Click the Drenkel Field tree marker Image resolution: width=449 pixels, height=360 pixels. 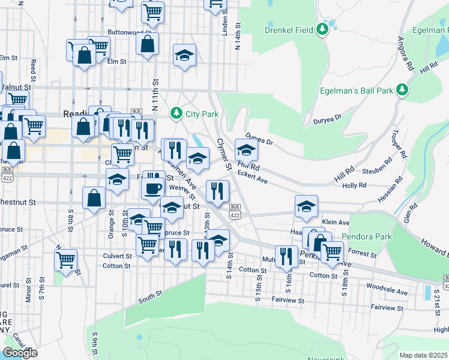pos(322,28)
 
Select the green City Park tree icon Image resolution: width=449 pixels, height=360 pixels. pos(176,113)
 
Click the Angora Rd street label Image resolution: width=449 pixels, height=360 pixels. pos(404,55)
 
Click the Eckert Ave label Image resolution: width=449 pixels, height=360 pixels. pos(253,174)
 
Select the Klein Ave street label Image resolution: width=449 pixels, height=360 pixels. pos(336,222)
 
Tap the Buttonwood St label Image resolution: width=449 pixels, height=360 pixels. pos(129,32)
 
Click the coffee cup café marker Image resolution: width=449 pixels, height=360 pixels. pos(152,188)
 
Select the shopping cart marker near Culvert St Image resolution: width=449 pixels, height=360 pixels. pos(65,259)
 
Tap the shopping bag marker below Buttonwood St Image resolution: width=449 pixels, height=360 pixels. pos(147,44)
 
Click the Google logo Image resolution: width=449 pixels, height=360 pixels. pos(20,353)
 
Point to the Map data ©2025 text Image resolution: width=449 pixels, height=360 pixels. pos(423,355)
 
